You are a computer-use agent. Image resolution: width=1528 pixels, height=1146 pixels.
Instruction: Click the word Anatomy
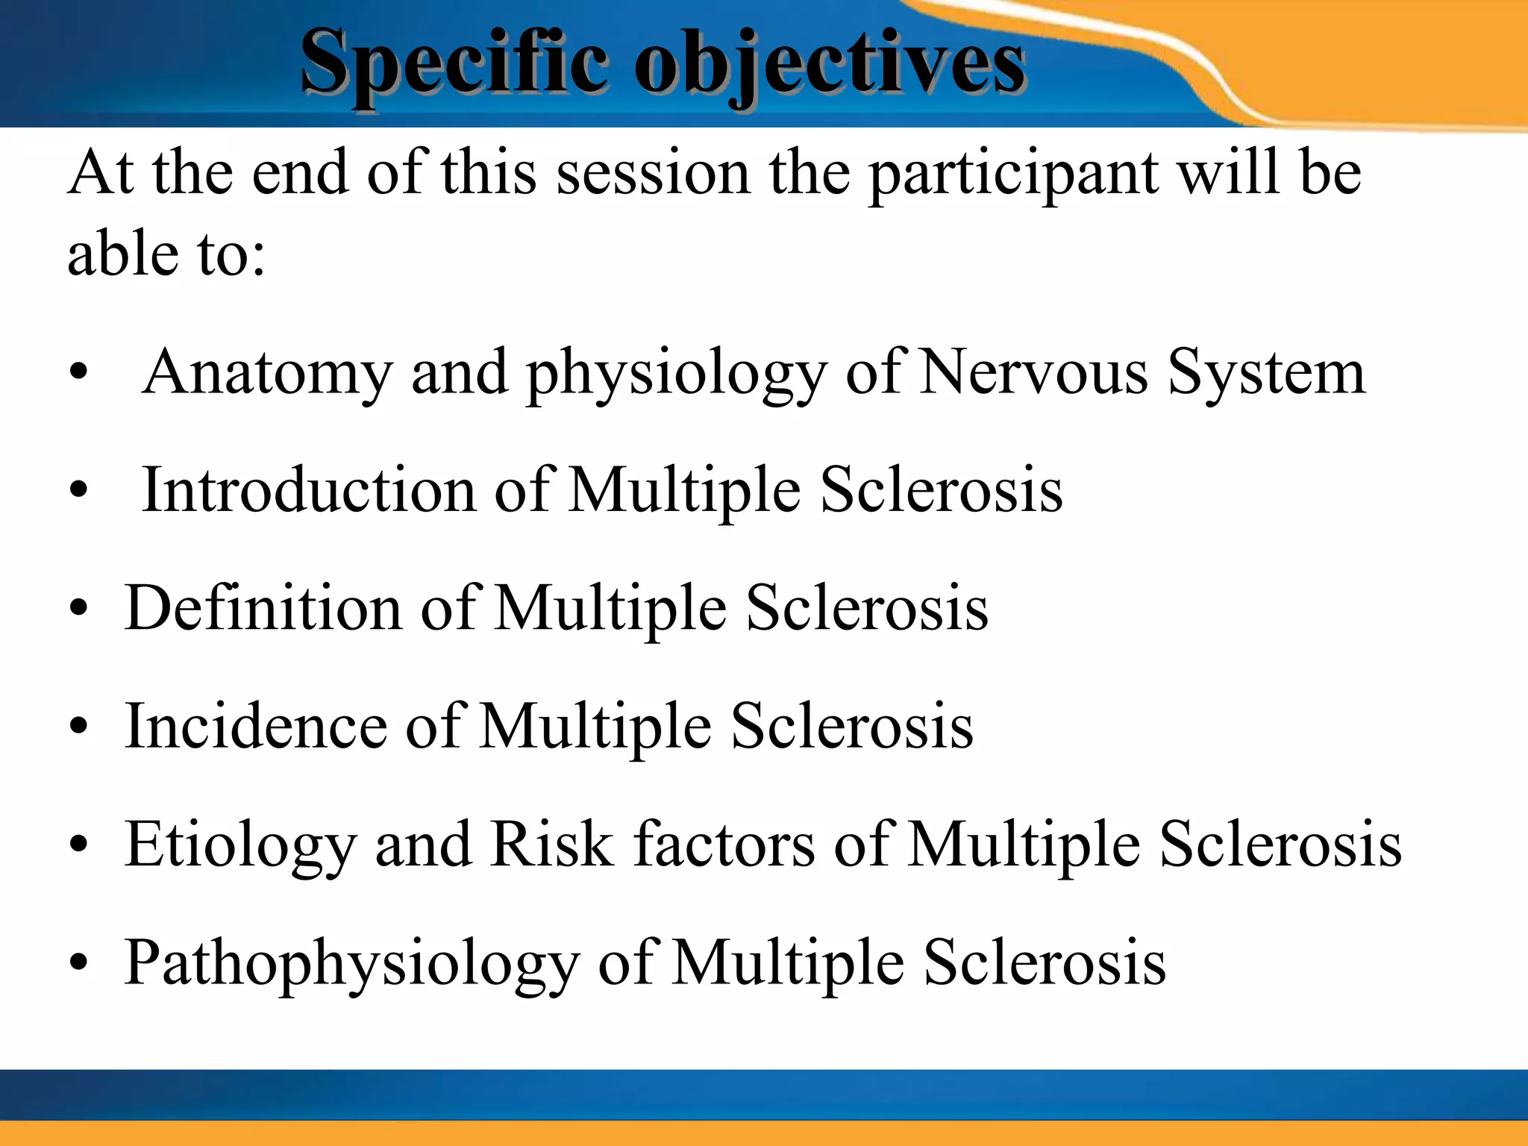point(268,373)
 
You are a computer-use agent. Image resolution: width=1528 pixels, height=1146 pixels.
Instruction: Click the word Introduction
point(309,490)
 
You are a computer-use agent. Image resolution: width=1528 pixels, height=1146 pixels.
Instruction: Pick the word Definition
point(263,609)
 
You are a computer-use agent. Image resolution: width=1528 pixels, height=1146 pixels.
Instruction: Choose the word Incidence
point(256,727)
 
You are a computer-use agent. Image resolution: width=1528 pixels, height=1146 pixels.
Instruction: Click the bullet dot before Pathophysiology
point(78,963)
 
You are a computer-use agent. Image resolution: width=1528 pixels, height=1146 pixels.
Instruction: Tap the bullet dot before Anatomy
point(78,372)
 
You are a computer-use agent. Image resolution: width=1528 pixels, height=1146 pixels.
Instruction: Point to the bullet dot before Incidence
point(78,726)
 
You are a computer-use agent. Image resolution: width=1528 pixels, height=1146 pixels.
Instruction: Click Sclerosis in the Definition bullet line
point(867,609)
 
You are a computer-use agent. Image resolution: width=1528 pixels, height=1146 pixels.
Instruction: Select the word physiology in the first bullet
point(677,373)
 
